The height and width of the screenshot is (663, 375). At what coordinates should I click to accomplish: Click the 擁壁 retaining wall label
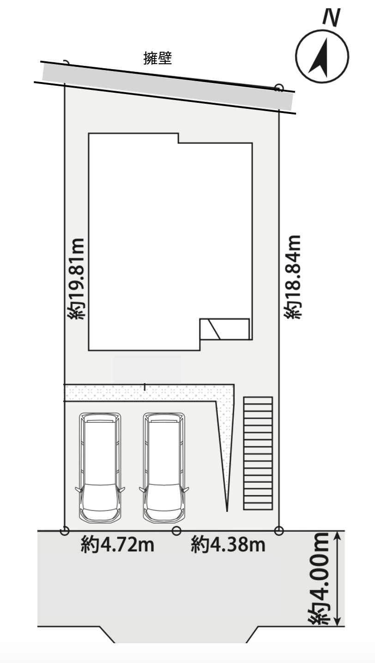coord(157,58)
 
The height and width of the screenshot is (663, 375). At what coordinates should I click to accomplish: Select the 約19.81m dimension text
coord(77,278)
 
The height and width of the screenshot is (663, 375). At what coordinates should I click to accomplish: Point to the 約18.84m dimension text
coord(293,277)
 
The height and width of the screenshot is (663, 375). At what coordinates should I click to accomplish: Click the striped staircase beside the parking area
coord(258,453)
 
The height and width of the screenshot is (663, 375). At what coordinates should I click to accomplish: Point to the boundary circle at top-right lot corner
coord(278,88)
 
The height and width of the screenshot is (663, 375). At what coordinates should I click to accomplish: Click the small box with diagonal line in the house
coord(224,329)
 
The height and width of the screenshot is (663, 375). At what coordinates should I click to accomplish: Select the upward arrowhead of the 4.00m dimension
coord(338,536)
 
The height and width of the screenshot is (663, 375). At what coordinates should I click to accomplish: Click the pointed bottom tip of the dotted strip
coord(227,511)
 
